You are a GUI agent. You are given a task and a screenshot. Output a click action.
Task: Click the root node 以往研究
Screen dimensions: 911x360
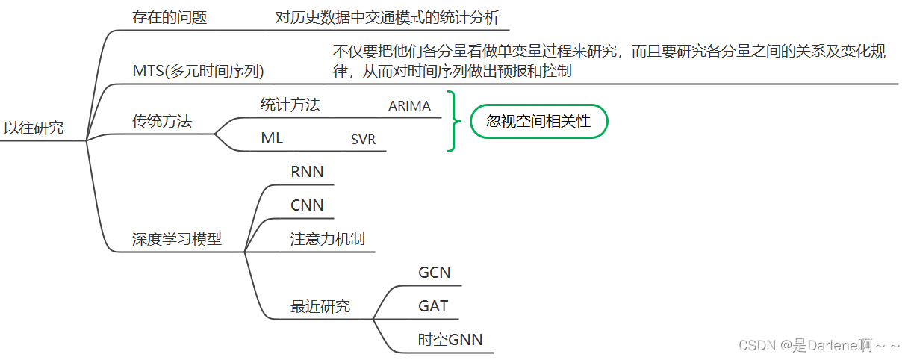34,128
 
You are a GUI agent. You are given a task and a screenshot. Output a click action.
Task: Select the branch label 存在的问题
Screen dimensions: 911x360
170,18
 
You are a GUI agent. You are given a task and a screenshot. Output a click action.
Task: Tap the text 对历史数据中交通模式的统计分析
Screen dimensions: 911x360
388,18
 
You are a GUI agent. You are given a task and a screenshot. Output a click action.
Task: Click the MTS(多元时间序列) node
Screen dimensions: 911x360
198,72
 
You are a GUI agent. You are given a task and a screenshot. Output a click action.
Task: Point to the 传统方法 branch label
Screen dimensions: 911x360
162,121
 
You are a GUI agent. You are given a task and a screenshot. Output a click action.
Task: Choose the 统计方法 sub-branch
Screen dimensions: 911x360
290,105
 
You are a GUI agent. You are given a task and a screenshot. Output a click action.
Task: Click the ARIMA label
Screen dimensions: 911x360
409,106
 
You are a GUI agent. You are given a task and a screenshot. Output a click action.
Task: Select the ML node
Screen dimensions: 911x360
272,138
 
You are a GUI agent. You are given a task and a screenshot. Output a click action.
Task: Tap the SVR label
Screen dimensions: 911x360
363,139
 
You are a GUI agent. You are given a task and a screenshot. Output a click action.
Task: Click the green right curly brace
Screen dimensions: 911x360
453,121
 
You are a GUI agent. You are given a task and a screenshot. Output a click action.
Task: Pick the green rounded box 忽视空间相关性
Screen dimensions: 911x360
538,122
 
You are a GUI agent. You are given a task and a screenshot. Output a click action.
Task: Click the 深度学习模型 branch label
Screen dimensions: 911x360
177,240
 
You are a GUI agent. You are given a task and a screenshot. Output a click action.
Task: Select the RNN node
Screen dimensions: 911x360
307,172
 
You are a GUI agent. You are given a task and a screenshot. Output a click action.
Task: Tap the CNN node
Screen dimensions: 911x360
307,205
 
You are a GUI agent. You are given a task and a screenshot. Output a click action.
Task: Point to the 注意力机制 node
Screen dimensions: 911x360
328,239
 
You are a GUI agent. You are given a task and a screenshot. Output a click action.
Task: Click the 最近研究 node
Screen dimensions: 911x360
320,306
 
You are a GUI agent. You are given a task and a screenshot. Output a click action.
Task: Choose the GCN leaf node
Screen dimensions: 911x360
435,273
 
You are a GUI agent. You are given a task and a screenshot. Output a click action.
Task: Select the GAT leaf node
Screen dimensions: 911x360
434,306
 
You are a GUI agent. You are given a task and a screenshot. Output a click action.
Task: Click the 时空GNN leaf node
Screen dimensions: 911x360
450,340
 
